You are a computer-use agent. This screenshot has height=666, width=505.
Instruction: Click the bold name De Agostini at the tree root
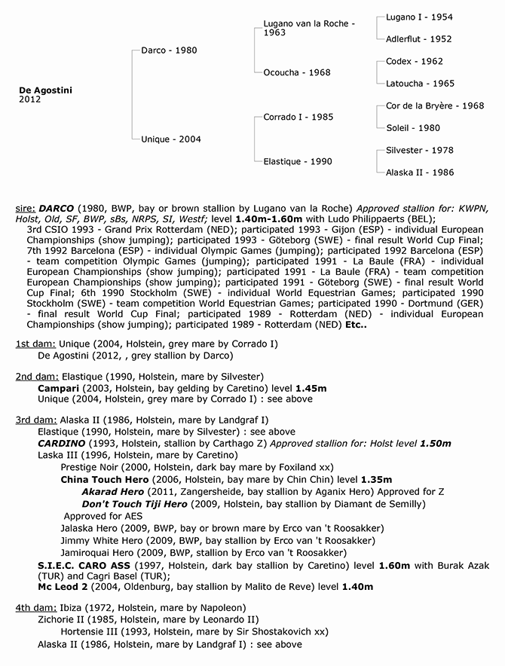point(45,89)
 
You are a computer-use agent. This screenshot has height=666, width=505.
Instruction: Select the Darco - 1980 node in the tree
point(170,50)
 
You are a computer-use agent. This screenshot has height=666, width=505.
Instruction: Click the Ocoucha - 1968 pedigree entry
point(296,72)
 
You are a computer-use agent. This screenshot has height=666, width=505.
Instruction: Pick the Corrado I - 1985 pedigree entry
point(298,117)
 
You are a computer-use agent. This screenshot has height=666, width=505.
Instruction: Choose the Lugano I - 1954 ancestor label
point(419,17)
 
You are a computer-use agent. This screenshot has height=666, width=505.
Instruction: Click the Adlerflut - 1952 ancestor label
point(419,39)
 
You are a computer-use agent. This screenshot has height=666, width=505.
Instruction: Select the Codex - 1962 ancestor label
point(415,61)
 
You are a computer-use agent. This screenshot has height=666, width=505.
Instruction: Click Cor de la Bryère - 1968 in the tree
point(435,106)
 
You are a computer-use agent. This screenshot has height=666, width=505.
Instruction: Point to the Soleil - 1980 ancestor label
point(413,128)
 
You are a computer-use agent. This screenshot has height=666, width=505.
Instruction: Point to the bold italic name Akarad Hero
point(112,491)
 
